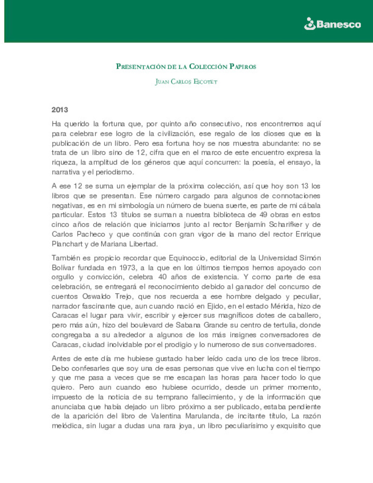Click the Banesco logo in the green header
point(332,24)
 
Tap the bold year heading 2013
point(60,110)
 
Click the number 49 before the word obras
point(263,215)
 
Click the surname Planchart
point(67,244)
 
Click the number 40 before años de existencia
point(162,277)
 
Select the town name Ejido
point(216,306)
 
